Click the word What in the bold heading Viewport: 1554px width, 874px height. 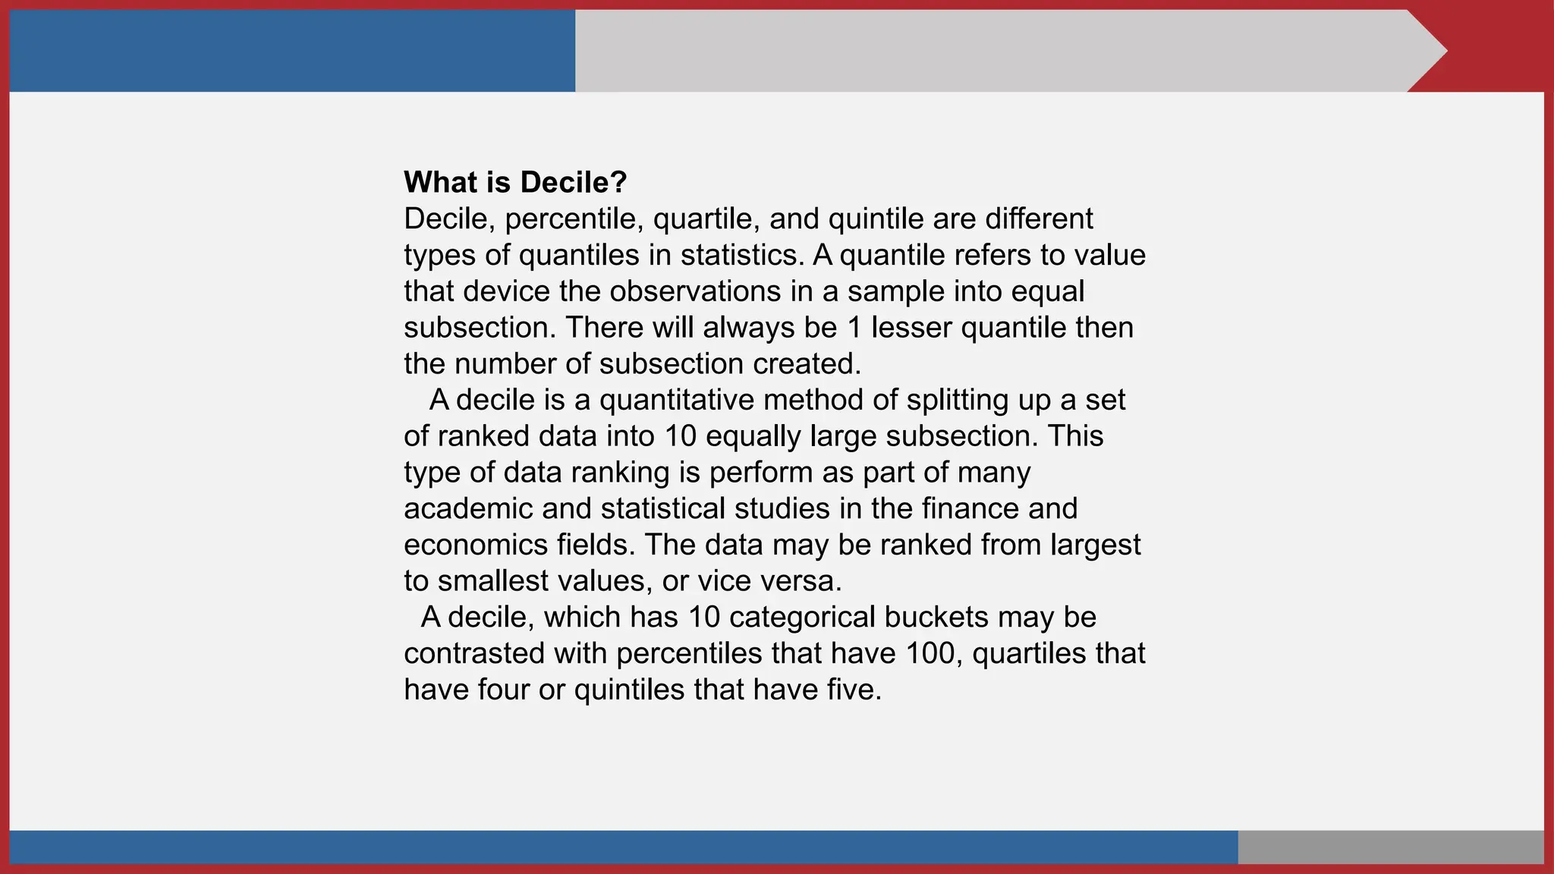[440, 182]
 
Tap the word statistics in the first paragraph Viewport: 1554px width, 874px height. [741, 255]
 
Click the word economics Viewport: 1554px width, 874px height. [476, 545]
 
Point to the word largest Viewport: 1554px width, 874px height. [1096, 545]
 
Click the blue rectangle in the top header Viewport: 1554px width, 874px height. [292, 51]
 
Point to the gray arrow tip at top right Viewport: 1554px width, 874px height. [1427, 51]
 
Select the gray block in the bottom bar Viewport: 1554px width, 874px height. [1390, 847]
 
